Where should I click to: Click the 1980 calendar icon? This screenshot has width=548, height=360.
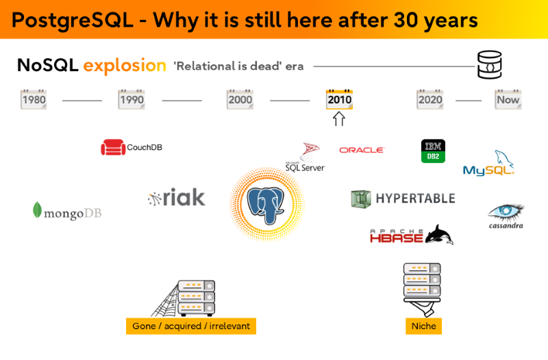tap(34, 99)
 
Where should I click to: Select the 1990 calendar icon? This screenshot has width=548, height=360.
tap(132, 99)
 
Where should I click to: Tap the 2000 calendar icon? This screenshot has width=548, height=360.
tap(240, 99)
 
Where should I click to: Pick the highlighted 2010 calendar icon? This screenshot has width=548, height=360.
tap(339, 99)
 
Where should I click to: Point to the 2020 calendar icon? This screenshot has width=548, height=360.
tap(430, 99)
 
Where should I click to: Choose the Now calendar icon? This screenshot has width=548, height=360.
tap(508, 99)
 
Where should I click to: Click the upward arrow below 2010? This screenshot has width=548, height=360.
tap(339, 118)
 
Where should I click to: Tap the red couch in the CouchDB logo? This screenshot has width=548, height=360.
tap(113, 147)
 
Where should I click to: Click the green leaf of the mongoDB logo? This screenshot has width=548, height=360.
tap(37, 210)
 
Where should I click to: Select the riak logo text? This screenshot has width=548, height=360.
tap(184, 197)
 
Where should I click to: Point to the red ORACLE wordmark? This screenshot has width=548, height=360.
tap(362, 150)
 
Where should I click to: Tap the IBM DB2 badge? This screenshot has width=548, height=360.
tap(433, 151)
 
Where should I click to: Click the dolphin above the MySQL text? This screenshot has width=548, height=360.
tap(503, 159)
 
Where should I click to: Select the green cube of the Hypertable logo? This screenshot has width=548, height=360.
tap(361, 199)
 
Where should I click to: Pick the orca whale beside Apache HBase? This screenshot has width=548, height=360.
tap(439, 234)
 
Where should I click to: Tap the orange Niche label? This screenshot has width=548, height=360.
tap(423, 326)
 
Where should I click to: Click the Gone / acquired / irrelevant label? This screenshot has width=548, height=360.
tap(191, 326)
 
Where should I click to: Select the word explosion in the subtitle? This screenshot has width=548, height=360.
tap(125, 66)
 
